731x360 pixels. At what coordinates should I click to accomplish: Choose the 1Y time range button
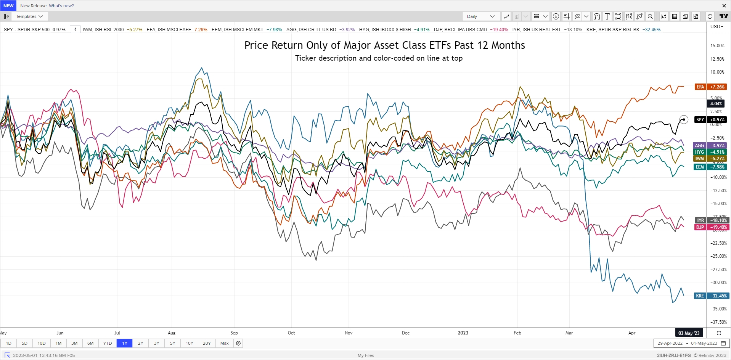tap(125, 343)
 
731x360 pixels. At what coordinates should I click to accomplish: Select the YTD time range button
tap(108, 343)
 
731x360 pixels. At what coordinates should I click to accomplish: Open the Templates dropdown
tap(29, 16)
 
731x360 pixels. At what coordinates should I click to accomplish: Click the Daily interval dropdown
tap(480, 16)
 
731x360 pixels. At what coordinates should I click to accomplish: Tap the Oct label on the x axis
tap(291, 333)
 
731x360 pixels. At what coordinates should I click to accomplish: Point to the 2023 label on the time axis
tap(463, 333)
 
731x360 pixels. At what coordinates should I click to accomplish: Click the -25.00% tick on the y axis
tap(717, 256)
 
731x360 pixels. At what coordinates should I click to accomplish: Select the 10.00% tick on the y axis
tap(717, 72)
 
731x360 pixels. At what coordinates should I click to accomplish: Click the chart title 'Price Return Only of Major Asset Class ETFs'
tap(384, 45)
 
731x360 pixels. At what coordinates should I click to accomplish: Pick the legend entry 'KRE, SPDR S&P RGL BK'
tap(613, 29)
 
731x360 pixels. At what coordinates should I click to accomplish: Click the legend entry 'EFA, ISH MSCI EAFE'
tap(169, 29)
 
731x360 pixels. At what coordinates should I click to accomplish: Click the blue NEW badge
tap(8, 6)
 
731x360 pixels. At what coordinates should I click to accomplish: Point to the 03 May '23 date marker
tap(689, 333)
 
